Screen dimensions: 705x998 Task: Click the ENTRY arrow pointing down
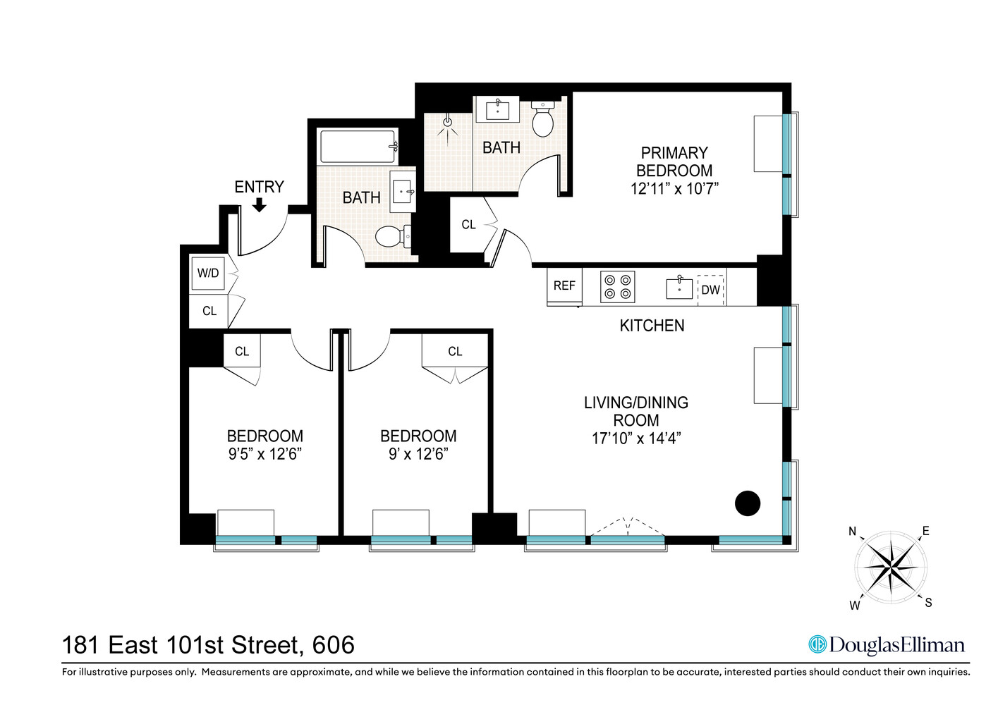(x=260, y=204)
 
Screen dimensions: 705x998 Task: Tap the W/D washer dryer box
(x=208, y=274)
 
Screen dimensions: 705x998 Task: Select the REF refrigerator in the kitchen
(x=564, y=286)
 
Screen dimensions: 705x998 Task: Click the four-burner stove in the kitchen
(x=617, y=287)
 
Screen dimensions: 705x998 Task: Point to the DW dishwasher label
(x=711, y=290)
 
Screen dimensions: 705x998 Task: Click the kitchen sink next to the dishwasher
(x=679, y=288)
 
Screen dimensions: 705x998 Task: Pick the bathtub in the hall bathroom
(x=358, y=147)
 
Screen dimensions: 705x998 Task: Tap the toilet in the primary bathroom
(x=542, y=120)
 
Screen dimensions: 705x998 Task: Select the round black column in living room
(x=748, y=503)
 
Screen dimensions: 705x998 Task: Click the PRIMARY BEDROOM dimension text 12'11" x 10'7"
(x=674, y=189)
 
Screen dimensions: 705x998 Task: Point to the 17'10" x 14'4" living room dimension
(x=635, y=439)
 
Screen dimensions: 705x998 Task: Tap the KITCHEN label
(x=652, y=326)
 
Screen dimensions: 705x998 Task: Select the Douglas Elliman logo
(x=887, y=645)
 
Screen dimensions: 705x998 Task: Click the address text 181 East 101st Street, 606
(x=208, y=645)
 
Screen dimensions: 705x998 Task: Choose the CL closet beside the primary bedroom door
(x=468, y=225)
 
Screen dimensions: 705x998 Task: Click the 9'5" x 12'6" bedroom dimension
(x=264, y=454)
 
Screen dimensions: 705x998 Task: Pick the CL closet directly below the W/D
(x=209, y=311)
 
